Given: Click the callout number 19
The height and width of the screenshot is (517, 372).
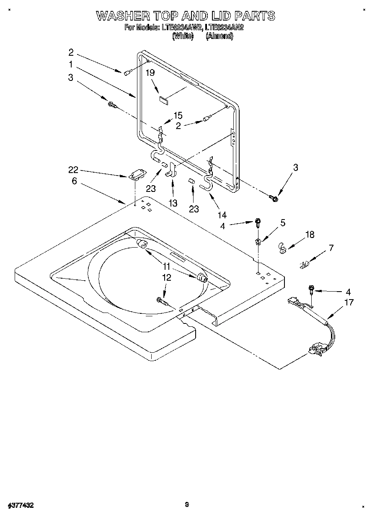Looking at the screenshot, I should [150, 72].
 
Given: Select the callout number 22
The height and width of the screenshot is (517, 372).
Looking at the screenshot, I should [73, 170].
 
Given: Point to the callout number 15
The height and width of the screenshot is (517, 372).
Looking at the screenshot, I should [178, 115].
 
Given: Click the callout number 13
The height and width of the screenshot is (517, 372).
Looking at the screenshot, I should [172, 203].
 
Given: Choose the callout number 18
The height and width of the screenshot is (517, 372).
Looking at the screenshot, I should [310, 235].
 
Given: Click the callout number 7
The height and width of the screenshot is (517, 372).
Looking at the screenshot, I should [331, 248].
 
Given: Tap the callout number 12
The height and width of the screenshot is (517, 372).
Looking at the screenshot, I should [167, 277].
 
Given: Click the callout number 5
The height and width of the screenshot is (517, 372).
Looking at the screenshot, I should [283, 223].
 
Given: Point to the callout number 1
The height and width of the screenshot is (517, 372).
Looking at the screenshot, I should [71, 65].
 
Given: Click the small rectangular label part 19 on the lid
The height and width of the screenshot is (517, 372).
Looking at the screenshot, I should [163, 100].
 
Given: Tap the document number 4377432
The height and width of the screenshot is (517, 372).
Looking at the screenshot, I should [20, 505].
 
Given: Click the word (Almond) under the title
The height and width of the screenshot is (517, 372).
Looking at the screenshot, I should [219, 36].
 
